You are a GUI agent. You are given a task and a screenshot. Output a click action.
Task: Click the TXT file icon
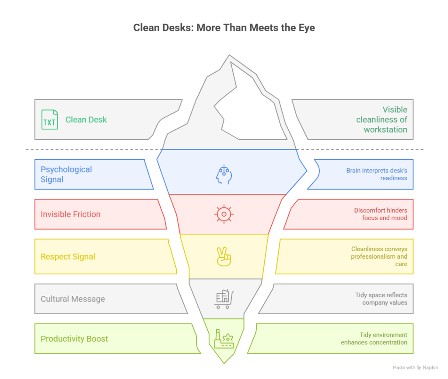[x=49, y=119]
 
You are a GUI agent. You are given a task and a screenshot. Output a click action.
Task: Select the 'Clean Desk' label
[x=86, y=119]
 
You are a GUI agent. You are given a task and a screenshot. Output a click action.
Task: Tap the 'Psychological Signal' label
[x=66, y=174]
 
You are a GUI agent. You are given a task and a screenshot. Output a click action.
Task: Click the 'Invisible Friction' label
[x=70, y=214]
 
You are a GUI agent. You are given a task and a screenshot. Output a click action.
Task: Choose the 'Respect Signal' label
[x=68, y=256]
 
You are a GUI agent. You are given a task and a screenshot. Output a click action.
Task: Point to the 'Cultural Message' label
[x=73, y=299]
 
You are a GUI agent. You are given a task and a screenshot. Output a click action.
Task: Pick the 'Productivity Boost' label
[x=74, y=339]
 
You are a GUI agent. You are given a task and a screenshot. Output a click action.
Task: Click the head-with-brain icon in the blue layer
[x=224, y=174]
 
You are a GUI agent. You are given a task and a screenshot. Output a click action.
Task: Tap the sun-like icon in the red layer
[x=224, y=214]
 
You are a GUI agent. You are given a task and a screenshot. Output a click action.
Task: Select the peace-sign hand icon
[x=224, y=256]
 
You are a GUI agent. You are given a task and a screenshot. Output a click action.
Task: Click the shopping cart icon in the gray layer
[x=224, y=299]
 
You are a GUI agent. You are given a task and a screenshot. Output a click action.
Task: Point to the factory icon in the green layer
[x=224, y=339]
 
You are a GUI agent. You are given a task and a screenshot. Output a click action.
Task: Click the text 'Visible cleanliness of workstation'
[x=381, y=119]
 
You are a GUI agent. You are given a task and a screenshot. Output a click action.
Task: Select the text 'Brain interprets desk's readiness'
[x=377, y=174]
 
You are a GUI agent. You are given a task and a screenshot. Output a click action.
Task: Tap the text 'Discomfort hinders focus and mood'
[x=381, y=214]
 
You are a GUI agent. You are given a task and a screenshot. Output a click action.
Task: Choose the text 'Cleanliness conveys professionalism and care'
[x=379, y=256]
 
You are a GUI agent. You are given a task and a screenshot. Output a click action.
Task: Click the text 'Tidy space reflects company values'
[x=381, y=299]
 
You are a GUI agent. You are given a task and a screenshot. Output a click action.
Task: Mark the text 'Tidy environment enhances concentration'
[x=374, y=339]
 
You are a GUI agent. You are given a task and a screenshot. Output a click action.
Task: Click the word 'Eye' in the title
[x=307, y=28]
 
